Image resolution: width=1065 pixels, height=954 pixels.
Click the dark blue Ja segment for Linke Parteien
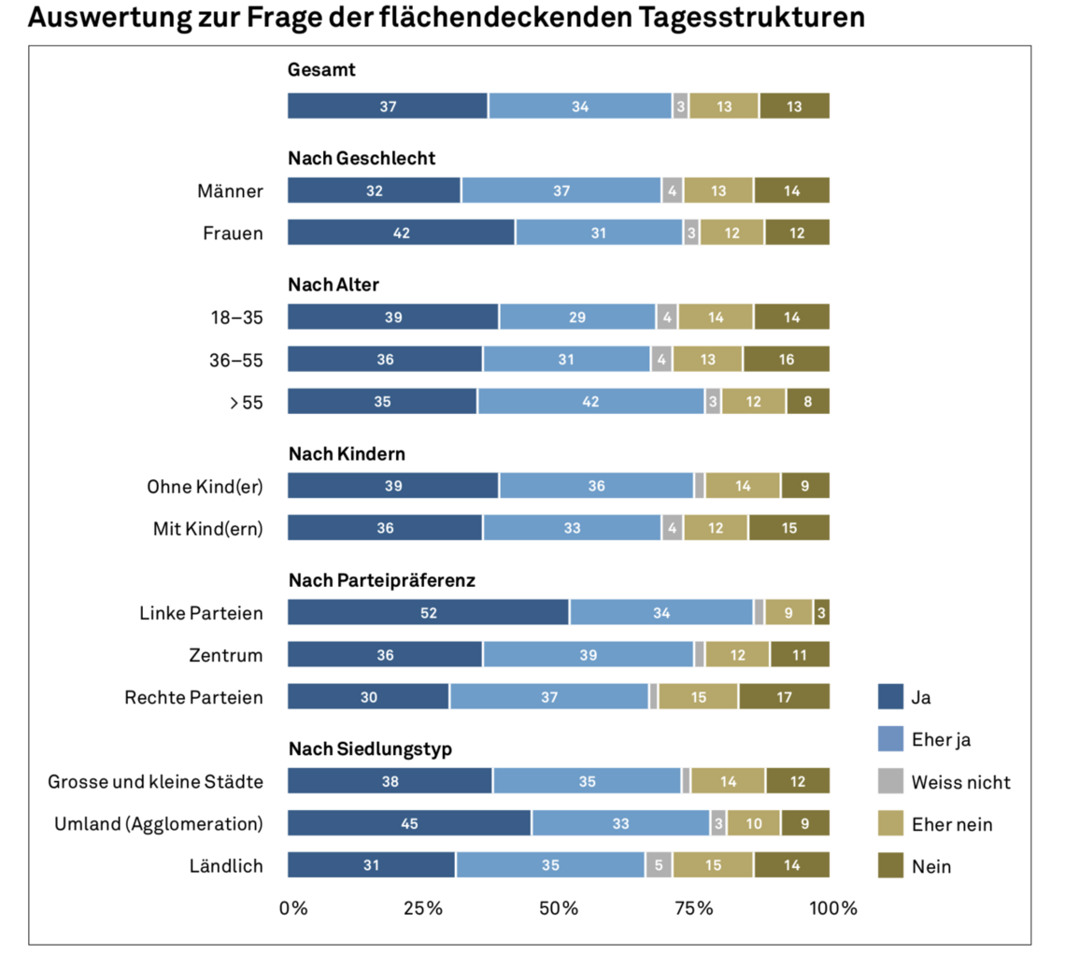tap(428, 612)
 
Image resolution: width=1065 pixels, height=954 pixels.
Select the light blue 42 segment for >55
tap(591, 401)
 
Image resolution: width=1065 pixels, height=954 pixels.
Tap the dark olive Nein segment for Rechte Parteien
tap(784, 696)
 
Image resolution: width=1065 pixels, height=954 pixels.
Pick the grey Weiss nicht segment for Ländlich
tap(659, 865)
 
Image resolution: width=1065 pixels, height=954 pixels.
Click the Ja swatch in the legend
tap(891, 696)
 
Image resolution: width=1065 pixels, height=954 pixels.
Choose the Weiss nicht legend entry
tap(961, 782)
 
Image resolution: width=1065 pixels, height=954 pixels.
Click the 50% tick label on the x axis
tap(559, 908)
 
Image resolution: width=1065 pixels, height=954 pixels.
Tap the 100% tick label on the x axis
tap(832, 908)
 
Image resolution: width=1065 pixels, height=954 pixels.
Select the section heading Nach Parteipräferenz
tap(382, 580)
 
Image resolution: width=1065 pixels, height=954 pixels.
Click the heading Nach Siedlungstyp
tap(371, 748)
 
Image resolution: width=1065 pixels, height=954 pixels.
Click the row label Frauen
tap(233, 233)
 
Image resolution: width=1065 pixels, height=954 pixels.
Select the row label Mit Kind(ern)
tap(207, 528)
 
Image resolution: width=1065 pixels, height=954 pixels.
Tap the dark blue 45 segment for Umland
tap(409, 823)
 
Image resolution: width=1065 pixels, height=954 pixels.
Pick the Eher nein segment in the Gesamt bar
tap(724, 107)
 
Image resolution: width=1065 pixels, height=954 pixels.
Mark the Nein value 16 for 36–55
tap(786, 359)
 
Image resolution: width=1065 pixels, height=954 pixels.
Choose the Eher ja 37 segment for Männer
tap(561, 191)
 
